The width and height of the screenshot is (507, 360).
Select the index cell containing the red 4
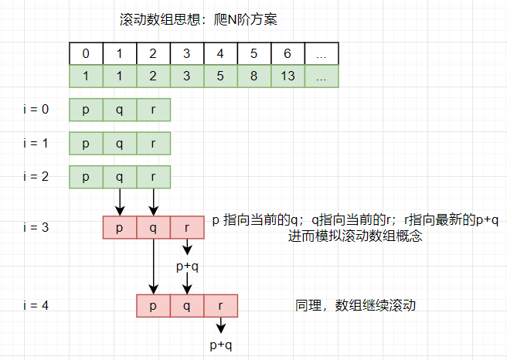pos(220,53)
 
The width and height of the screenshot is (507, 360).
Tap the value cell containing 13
pos(288,76)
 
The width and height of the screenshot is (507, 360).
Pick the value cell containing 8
pos(253,76)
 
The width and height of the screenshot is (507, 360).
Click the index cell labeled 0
pos(86,53)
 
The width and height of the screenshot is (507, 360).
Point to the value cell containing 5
pos(220,76)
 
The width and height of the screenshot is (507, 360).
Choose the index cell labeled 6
pos(288,53)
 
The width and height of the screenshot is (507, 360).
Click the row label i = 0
pos(36,110)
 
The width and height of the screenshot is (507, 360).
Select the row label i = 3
pos(36,227)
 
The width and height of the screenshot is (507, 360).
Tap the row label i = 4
pos(36,305)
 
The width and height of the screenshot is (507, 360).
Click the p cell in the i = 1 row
pos(86,143)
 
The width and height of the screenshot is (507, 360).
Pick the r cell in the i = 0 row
pos(153,110)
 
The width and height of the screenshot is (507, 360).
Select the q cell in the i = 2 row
pos(119,177)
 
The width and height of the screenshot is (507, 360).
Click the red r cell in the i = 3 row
pos(187,228)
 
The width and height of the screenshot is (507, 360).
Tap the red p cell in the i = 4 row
pos(153,306)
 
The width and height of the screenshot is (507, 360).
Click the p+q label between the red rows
pos(187,267)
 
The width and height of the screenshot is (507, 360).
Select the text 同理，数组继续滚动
pos(356,305)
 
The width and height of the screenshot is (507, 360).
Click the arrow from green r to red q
pos(153,202)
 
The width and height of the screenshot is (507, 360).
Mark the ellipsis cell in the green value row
pos(322,76)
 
